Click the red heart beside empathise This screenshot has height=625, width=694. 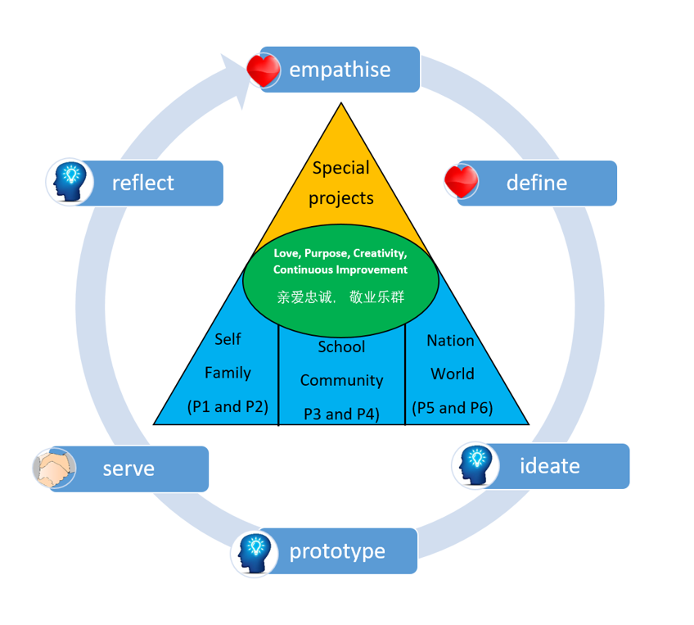(264, 70)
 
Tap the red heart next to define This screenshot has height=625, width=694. (462, 181)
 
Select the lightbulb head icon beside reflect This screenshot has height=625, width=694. (69, 182)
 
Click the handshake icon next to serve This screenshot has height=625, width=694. (55, 468)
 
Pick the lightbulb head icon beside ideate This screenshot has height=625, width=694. (475, 465)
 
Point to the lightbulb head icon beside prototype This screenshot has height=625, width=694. (254, 554)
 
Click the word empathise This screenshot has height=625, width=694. (340, 70)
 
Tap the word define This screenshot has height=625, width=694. (536, 183)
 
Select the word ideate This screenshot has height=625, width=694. (550, 465)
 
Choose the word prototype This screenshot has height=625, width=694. (337, 552)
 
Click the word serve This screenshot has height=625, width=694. (128, 469)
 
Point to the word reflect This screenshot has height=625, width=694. (143, 183)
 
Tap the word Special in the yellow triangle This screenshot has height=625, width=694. (340, 168)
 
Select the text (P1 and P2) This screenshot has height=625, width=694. (228, 406)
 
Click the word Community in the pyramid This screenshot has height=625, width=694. (342, 381)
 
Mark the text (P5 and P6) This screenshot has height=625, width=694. (453, 408)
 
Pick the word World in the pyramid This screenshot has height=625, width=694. (453, 374)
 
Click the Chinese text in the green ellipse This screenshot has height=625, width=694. (340, 297)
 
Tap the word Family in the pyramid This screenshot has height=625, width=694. (228, 373)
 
